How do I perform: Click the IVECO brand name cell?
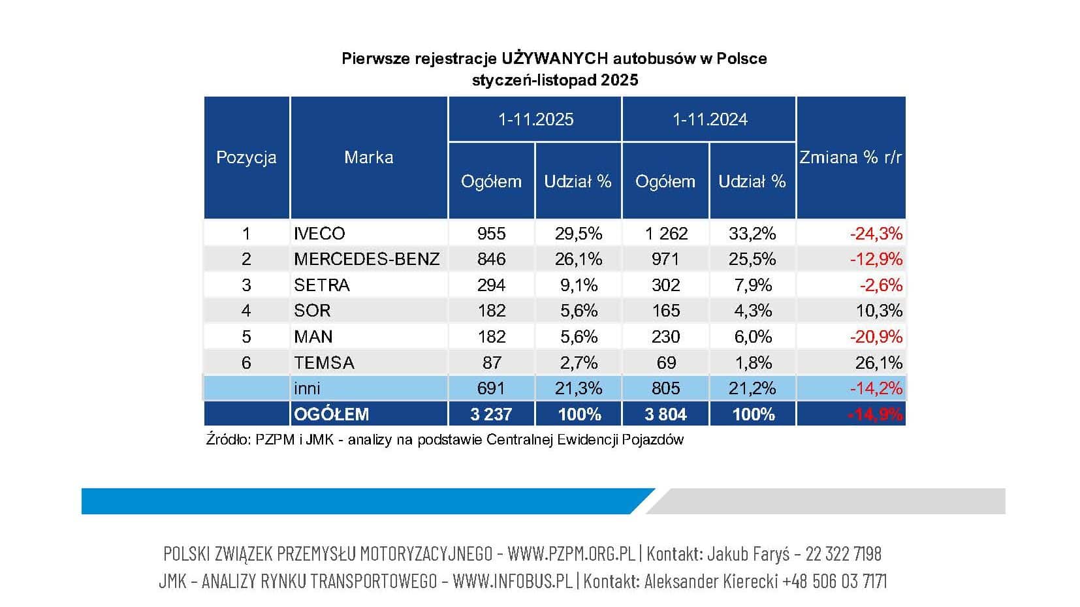click(319, 234)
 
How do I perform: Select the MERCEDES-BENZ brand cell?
click(366, 259)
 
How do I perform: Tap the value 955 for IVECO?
click(491, 234)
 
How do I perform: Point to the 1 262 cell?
click(665, 234)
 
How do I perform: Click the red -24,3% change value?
click(876, 234)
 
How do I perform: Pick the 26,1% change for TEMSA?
click(878, 362)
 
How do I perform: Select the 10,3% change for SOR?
click(878, 311)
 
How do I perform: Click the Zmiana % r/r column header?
click(850, 157)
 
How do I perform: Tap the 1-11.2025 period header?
click(535, 119)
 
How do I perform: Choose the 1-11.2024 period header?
click(710, 119)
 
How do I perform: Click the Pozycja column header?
click(246, 157)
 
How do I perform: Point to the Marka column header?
click(369, 157)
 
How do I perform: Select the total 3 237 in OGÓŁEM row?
click(491, 414)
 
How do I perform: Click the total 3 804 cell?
click(665, 414)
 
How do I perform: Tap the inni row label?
click(307, 388)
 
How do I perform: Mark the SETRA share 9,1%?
click(579, 285)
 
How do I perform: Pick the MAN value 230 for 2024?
click(665, 337)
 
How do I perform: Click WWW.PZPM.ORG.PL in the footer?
click(571, 554)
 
